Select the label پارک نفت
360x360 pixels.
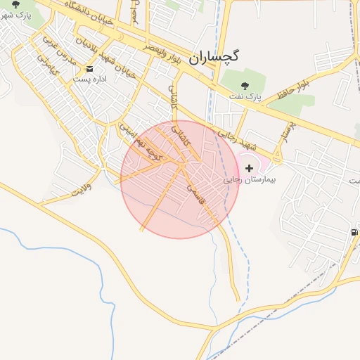[x=246, y=95]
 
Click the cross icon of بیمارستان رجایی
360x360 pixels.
[x=250, y=168]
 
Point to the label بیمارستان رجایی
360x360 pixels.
[x=250, y=180]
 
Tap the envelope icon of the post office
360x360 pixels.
[x=90, y=68]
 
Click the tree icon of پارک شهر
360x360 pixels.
[x=16, y=4]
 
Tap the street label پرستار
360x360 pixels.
[x=288, y=132]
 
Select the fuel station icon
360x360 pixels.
[x=352, y=232]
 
